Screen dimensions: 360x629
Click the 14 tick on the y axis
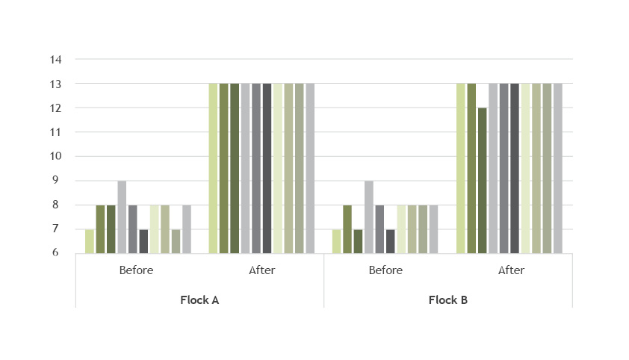(x=57, y=59)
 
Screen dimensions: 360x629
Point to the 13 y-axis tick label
(x=57, y=84)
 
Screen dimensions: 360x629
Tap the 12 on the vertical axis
(x=57, y=108)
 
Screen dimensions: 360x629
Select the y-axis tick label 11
(x=57, y=132)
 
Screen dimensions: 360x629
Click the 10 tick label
(x=57, y=156)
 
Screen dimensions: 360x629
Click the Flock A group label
(x=199, y=300)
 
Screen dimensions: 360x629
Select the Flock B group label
(x=448, y=300)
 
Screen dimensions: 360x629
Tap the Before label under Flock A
(x=136, y=270)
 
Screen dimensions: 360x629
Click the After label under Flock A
(x=261, y=270)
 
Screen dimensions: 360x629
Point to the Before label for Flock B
(x=385, y=270)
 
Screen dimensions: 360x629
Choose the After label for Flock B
(x=511, y=270)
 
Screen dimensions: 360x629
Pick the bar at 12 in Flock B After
(x=482, y=181)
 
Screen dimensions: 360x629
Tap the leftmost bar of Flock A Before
(x=90, y=241)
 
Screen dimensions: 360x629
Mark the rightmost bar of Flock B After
(x=557, y=168)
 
